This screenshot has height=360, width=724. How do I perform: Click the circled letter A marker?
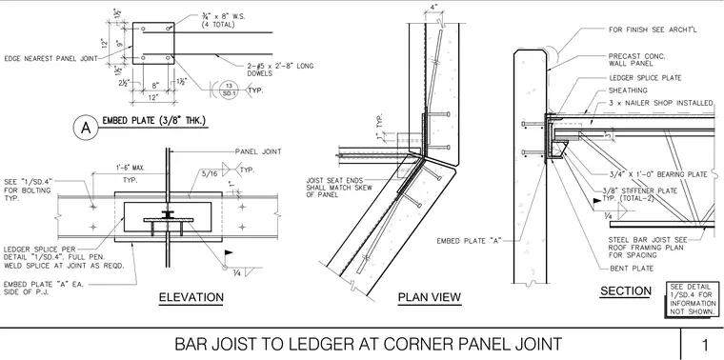point(86,128)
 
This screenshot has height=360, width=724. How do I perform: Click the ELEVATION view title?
point(191,297)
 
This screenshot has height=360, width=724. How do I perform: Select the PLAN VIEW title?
point(430,297)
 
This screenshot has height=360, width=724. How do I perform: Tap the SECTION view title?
point(626,290)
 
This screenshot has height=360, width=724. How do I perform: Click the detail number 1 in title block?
point(705,345)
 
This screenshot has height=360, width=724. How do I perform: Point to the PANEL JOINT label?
point(258,151)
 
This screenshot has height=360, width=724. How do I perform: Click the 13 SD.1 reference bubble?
point(227,87)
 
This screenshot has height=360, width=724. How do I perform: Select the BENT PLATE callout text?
point(632,269)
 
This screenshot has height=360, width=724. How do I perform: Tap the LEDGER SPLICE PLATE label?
point(645,78)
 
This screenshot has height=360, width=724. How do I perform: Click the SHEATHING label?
point(628,90)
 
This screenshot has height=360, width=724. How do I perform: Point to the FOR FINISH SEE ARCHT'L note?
point(653,30)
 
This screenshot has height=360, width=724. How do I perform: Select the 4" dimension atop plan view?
point(432,9)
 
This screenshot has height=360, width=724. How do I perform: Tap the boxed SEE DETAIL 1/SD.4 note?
point(694,299)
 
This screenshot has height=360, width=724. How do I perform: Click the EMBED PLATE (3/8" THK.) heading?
point(153,121)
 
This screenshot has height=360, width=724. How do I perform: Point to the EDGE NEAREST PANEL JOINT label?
point(50,59)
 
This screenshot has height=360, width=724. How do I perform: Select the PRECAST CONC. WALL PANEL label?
point(637,60)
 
